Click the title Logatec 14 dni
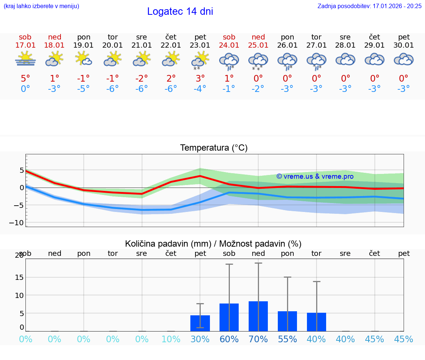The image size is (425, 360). click(180, 11)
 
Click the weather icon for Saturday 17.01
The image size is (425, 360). click(25, 59)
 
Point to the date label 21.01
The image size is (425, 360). click(142, 45)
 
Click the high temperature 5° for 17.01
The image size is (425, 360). click(25, 78)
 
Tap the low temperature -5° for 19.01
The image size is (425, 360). click(83, 89)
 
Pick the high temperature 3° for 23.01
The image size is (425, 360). click(200, 78)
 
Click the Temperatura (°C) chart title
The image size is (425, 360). click(214, 148)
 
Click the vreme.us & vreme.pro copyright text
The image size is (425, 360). click(315, 176)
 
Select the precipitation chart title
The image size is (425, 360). click(213, 244)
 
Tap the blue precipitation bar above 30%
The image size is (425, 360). click(200, 323)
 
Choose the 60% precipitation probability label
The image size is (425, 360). click(229, 339)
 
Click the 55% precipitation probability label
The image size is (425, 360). click(287, 339)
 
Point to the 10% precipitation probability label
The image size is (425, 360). click(171, 339)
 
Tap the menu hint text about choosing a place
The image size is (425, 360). click(41, 6)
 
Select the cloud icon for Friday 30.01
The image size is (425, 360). click(404, 59)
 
